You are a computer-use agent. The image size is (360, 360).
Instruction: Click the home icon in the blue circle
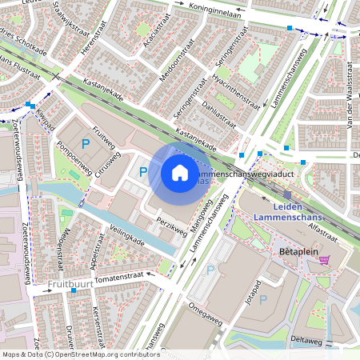(x=179, y=172)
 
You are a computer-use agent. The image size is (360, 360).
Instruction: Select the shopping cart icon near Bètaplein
(x=324, y=258)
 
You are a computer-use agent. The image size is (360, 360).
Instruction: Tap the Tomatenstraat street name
(x=122, y=277)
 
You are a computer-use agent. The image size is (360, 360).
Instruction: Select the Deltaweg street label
(x=305, y=340)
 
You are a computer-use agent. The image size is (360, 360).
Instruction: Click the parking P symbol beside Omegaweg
(x=211, y=270)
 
